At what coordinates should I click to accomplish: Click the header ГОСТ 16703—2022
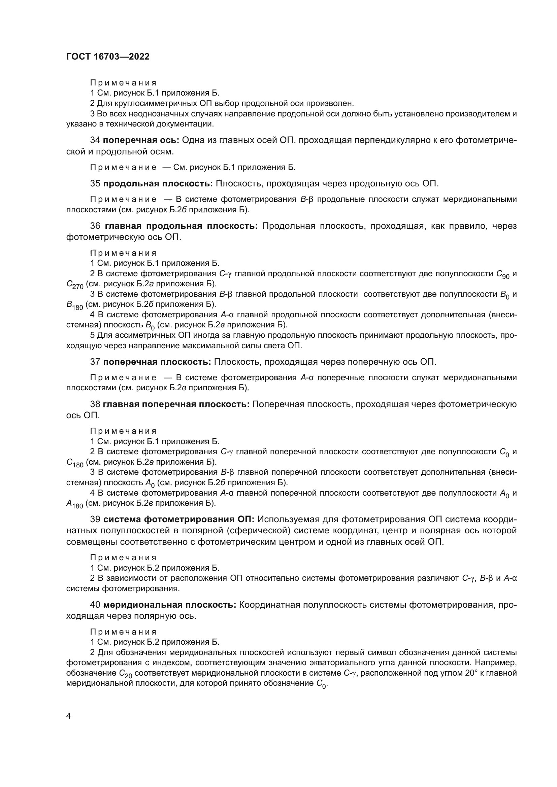108,57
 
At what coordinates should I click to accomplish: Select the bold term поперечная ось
141,140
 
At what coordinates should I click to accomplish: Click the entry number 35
95,183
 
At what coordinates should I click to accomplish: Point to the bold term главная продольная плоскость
181,226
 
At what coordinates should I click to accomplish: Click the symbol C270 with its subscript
75,285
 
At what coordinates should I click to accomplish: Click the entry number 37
95,362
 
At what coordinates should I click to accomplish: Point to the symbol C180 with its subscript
75,463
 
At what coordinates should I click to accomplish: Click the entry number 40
95,605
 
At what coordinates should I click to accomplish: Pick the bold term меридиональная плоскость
170,605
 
